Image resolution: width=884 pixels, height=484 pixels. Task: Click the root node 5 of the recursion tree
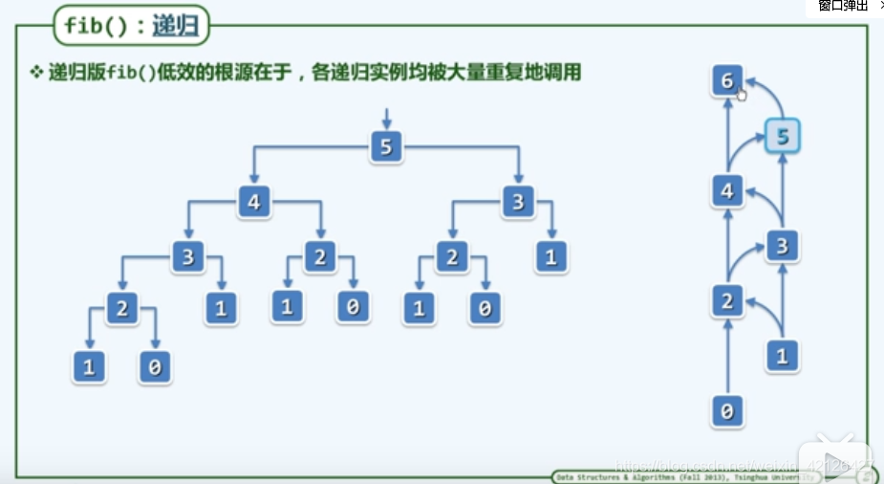point(385,147)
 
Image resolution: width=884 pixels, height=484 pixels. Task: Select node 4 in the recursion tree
point(254,202)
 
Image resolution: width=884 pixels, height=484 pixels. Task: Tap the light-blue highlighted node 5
point(782,137)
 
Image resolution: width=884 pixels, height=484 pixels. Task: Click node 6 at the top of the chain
point(727,81)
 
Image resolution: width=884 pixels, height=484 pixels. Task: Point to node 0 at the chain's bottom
point(727,412)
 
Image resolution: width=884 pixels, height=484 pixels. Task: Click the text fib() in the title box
point(96,26)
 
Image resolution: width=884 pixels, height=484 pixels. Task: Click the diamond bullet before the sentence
point(37,72)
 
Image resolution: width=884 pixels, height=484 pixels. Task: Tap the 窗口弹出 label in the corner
point(842,6)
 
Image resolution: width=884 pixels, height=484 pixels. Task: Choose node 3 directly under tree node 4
point(188,255)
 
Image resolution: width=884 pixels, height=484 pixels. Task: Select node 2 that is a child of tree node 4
point(320,255)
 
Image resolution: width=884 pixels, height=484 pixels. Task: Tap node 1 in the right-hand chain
point(782,357)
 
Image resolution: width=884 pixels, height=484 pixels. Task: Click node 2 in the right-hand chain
point(727,302)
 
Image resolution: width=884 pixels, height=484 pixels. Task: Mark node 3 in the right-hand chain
point(782,247)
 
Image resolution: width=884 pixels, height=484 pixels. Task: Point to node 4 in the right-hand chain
point(727,191)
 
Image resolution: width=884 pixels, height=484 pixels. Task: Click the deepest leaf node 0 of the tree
point(155,367)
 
